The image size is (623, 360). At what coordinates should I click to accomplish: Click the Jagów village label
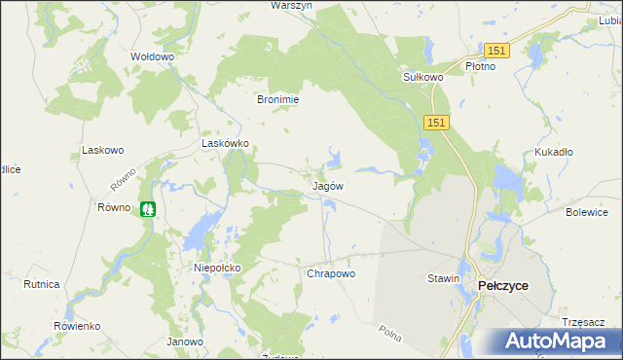pos(327,185)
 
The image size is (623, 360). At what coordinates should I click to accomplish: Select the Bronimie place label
pos(277,99)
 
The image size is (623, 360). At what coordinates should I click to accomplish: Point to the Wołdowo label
pos(152,57)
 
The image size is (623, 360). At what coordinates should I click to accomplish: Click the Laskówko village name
pos(226,143)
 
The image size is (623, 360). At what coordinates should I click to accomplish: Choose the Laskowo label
pos(103,151)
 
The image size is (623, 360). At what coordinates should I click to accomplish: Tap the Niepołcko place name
pos(217,266)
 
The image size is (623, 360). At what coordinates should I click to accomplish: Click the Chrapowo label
pos(331,274)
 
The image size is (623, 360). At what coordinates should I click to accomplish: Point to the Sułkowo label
pos(423,76)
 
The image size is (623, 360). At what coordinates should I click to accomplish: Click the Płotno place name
pos(480,66)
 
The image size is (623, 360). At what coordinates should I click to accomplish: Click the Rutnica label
pos(42,284)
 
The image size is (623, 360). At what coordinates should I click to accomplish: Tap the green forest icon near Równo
pos(147,208)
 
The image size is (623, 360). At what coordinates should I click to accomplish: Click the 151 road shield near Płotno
pos(496,50)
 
